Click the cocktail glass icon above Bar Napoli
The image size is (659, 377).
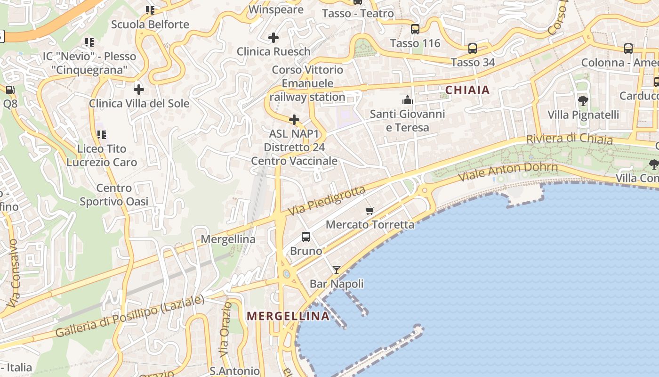click(337, 270)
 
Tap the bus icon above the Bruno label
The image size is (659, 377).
click(306, 237)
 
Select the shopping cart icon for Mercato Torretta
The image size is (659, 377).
click(370, 211)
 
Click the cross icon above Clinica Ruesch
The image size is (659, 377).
click(273, 38)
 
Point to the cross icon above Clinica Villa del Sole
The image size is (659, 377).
click(139, 89)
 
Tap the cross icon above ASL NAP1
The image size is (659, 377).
click(294, 120)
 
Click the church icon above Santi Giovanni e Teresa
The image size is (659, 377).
click(407, 100)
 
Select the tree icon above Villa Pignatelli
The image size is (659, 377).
click(583, 100)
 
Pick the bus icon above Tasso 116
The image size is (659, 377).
click(415, 29)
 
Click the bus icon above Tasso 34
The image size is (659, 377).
click(473, 49)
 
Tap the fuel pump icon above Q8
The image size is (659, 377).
click(10, 90)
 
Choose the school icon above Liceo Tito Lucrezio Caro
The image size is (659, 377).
click(102, 135)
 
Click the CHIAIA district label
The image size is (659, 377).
click(467, 90)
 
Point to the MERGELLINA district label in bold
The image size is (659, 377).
click(288, 316)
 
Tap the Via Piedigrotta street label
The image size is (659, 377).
click(327, 201)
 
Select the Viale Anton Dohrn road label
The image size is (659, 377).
click(508, 172)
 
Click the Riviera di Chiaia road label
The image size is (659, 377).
click(570, 139)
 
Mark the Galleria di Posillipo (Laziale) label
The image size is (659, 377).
click(130, 316)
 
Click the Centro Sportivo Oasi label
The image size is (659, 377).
click(114, 195)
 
